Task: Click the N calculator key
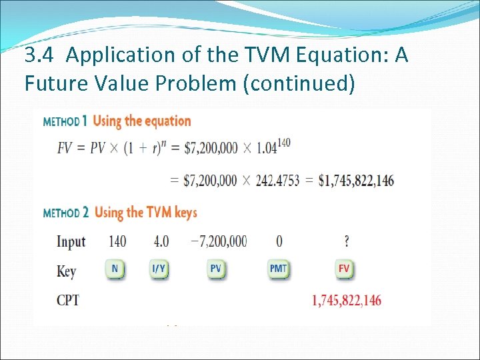[115, 270]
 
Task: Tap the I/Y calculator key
[159, 270]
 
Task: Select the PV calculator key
[215, 270]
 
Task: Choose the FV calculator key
[344, 270]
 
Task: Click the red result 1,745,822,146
[347, 301]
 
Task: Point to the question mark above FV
[347, 241]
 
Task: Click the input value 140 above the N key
[116, 241]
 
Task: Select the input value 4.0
[161, 241]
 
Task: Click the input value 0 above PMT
[279, 241]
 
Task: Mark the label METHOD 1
[65, 122]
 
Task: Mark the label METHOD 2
[66, 213]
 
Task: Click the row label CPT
[68, 301]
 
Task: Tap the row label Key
[67, 271]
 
